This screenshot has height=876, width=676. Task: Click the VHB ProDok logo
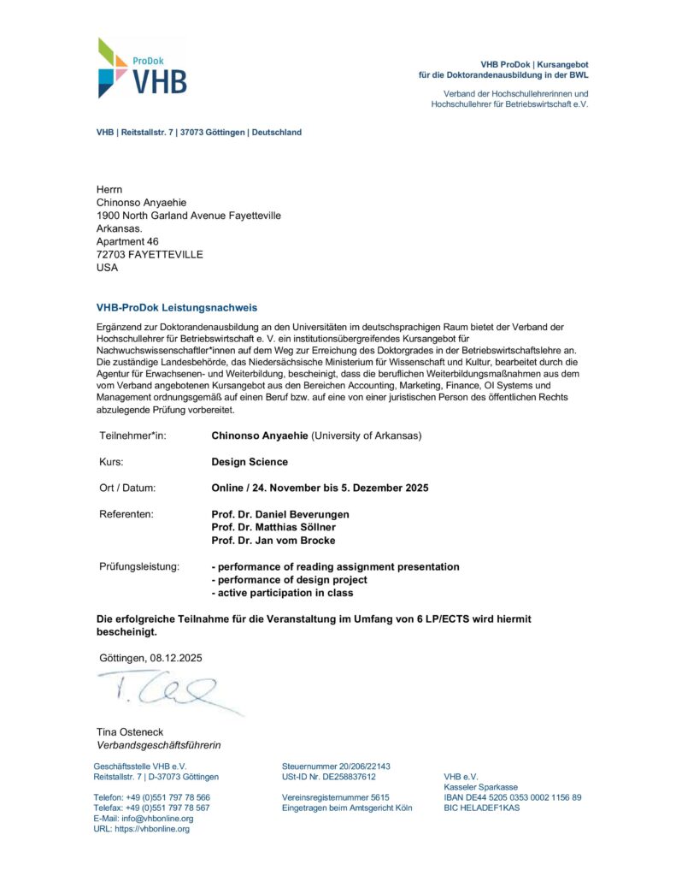click(x=142, y=68)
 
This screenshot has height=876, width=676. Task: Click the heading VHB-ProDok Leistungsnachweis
click(x=177, y=307)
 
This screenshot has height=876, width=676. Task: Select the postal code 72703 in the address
click(x=112, y=254)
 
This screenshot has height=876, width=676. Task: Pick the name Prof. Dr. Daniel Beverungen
click(x=280, y=514)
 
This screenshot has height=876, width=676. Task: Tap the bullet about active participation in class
click(x=282, y=593)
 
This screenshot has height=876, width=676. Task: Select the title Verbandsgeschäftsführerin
click(x=158, y=745)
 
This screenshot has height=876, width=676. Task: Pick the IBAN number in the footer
click(x=513, y=797)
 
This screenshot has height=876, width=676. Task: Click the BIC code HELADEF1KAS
click(x=482, y=808)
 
